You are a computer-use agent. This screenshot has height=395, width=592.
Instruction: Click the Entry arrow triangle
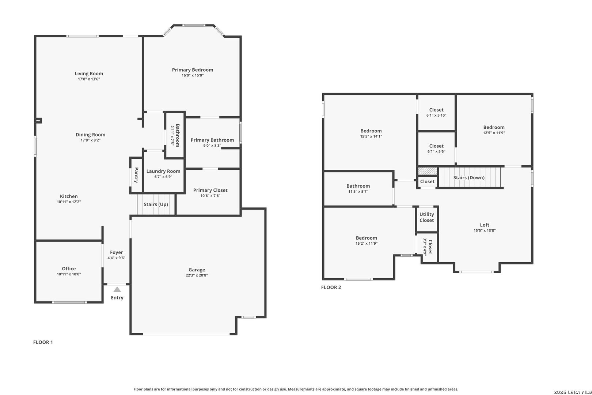pos(117,289)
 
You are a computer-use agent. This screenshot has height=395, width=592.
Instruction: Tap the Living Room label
pos(89,74)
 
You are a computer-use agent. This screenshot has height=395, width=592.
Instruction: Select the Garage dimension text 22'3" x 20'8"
pos(197,275)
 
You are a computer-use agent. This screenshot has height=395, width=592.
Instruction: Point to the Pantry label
pos(136,175)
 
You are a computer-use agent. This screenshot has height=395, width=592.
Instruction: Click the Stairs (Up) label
pos(156,204)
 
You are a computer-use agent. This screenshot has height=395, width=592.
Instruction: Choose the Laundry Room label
pos(163,172)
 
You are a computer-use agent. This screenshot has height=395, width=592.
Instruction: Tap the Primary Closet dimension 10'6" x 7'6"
pos(210,196)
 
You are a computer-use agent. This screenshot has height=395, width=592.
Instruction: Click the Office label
pos(69,268)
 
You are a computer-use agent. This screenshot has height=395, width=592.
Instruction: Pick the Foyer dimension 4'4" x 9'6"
pos(116,258)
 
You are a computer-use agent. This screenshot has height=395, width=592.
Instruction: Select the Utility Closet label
pos(426,217)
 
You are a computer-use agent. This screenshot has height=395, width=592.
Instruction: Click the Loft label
pos(485,225)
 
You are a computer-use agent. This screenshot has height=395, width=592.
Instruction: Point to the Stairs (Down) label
pos(469,177)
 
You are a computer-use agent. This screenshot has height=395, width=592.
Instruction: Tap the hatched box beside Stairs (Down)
pos(427,171)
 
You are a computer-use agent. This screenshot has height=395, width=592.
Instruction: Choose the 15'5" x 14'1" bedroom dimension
pos(371,136)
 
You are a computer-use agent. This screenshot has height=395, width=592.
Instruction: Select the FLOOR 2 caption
pos(331,287)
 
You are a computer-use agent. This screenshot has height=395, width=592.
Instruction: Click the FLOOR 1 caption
pos(43,342)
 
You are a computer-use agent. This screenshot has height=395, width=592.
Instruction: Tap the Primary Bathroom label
pos(212,140)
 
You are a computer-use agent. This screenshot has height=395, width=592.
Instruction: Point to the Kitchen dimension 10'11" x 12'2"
pos(69,202)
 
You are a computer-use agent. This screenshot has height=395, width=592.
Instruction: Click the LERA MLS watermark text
pos(573,392)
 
